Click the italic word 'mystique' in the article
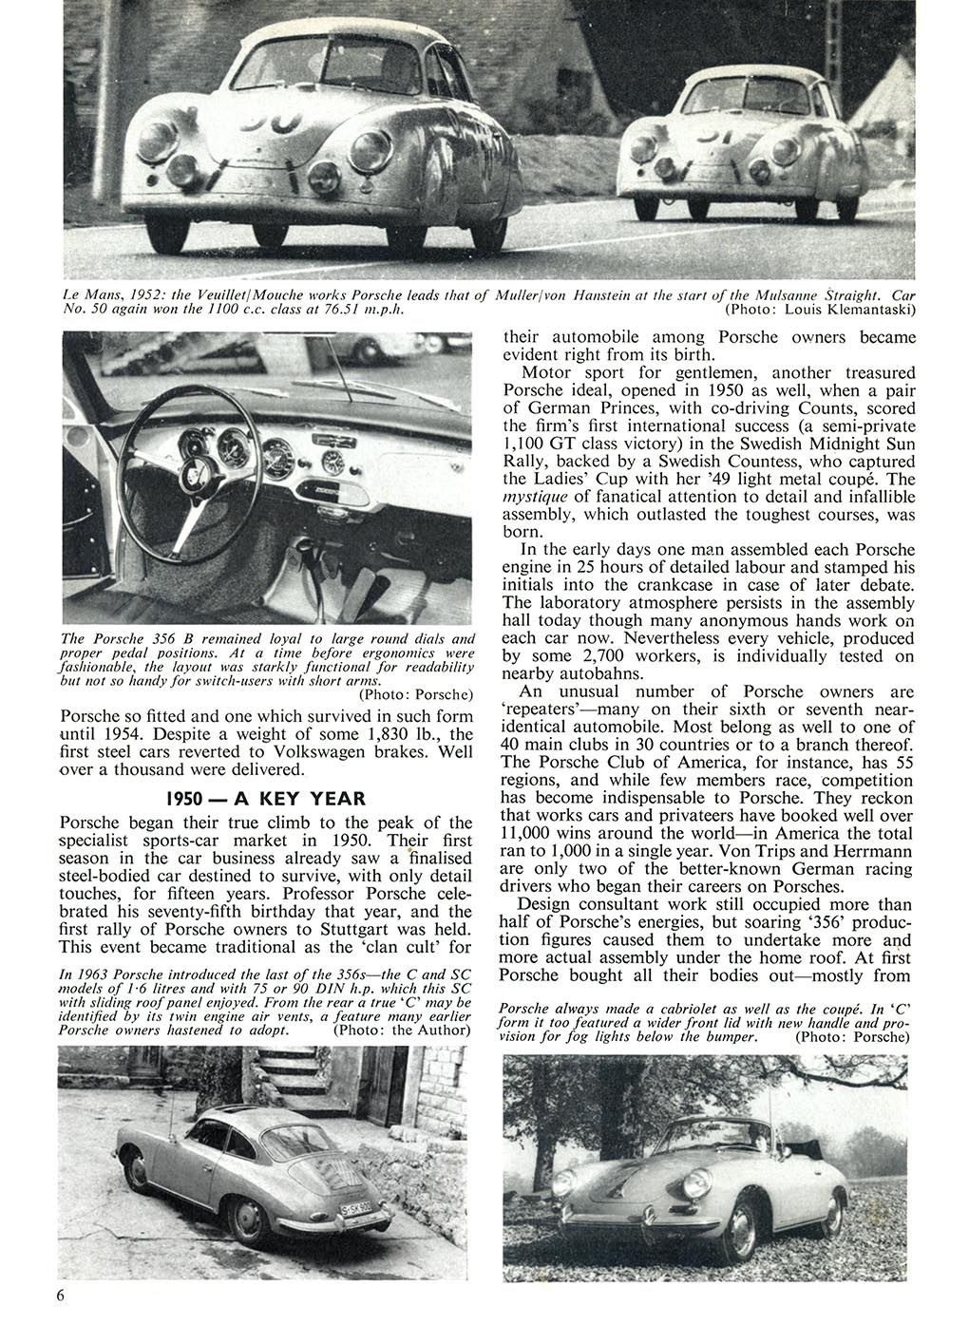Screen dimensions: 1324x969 coord(533,497)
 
